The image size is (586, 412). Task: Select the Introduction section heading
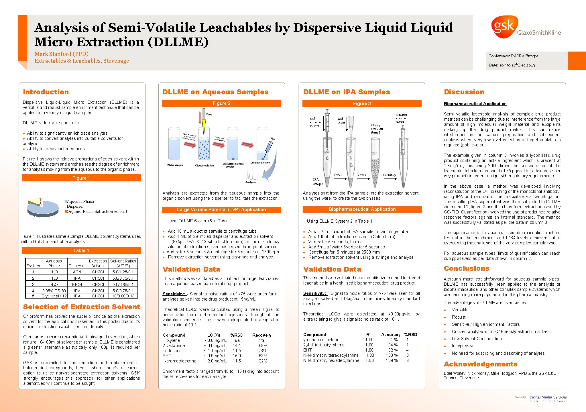(x=46, y=92)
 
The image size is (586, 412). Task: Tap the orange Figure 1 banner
(x=81, y=178)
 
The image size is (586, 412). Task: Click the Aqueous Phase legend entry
(x=80, y=201)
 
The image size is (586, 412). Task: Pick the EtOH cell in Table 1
(x=77, y=285)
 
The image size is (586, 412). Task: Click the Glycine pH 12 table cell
(x=54, y=296)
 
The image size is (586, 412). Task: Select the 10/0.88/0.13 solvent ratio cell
(x=123, y=296)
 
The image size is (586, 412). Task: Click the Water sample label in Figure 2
(x=175, y=165)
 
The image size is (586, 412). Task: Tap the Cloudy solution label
(x=204, y=166)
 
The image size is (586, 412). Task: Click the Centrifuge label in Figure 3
(x=390, y=175)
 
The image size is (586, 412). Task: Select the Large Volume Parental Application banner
(x=221, y=210)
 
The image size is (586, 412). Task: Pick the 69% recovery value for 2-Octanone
(x=263, y=346)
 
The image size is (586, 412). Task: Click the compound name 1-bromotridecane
(x=179, y=361)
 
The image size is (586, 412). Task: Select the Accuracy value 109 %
(x=392, y=360)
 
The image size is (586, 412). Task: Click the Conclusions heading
(x=467, y=268)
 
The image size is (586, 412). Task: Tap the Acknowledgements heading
(x=481, y=364)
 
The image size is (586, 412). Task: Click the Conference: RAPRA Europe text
(x=513, y=56)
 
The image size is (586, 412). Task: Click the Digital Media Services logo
(x=548, y=398)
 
